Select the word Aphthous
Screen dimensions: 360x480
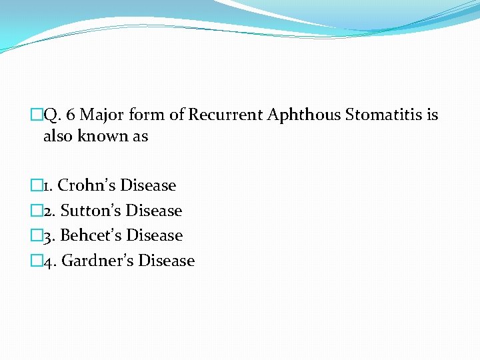pyautogui.click(x=303, y=115)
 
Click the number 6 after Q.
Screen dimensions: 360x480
pyautogui.click(x=70, y=115)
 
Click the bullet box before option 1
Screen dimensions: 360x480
pyautogui.click(x=36, y=186)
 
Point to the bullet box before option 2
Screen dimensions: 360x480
pyautogui.click(x=36, y=211)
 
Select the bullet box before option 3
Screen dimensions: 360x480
pyautogui.click(x=36, y=236)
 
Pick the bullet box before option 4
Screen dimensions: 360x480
pyautogui.click(x=36, y=261)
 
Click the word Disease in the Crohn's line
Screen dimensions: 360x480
pyautogui.click(x=148, y=185)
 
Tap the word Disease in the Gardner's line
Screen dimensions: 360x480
pyautogui.click(x=167, y=261)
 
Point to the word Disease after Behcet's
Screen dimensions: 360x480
pyautogui.click(x=155, y=235)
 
